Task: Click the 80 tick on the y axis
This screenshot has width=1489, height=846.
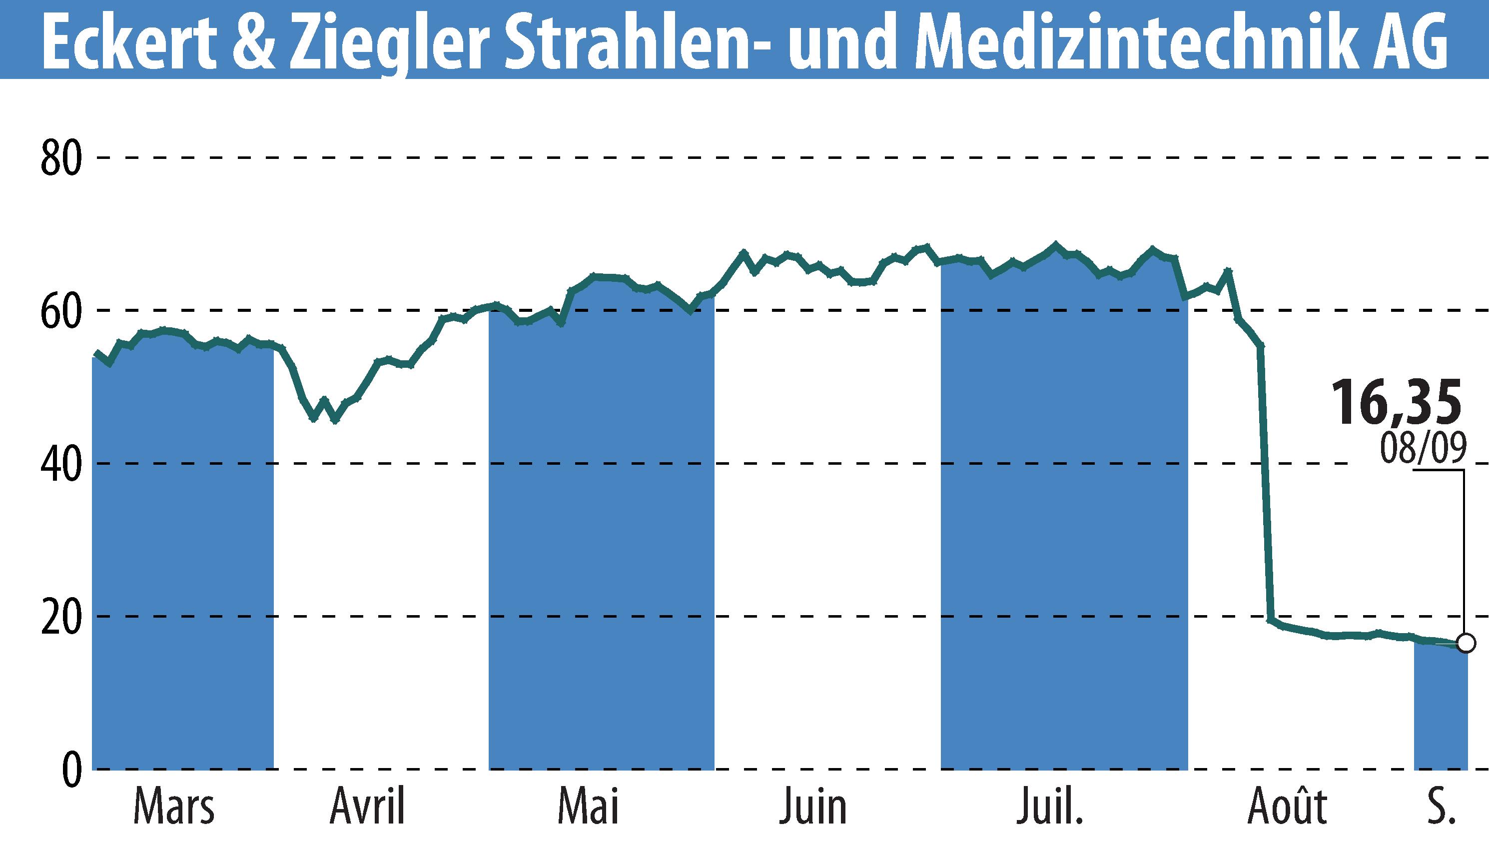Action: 60,158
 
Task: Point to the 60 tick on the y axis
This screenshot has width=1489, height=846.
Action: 60,312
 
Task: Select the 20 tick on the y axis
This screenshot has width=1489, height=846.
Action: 60,618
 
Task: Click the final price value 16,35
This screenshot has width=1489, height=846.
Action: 1396,403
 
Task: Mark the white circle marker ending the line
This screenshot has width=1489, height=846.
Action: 1466,643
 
